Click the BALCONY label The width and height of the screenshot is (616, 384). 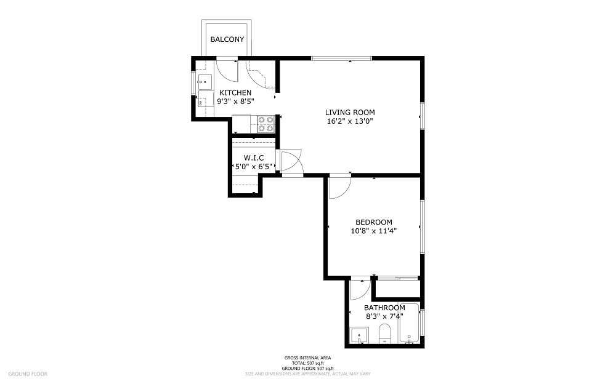click(227, 39)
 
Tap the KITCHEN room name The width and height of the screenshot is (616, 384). click(235, 92)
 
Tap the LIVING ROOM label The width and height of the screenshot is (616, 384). click(350, 112)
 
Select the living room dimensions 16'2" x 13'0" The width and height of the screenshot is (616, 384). click(350, 121)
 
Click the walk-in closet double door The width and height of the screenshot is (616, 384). click(289, 161)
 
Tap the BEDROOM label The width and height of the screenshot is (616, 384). click(373, 222)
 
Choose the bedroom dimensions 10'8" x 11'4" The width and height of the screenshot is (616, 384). click(373, 231)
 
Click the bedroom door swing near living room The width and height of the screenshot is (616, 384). click(339, 187)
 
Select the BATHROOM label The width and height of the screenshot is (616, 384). click(384, 308)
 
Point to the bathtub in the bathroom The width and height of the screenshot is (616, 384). click(409, 324)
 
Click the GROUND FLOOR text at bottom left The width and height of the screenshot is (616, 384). click(27, 374)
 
